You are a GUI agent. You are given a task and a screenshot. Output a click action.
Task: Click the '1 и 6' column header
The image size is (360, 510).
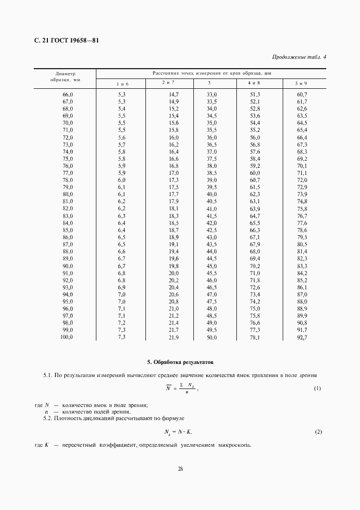122,83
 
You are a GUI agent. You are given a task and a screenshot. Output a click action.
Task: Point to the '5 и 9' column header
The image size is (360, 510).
301,83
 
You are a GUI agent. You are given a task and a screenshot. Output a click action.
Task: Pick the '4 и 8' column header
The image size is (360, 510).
254,83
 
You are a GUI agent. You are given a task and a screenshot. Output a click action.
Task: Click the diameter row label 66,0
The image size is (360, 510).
68,95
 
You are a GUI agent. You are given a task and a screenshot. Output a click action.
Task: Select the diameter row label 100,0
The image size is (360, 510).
67,338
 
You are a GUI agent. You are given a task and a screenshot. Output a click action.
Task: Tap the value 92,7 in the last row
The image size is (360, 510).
302,338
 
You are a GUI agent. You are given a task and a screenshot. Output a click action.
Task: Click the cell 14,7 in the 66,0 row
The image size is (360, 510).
174,95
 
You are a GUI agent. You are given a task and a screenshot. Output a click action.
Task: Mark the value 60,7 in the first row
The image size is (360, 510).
302,95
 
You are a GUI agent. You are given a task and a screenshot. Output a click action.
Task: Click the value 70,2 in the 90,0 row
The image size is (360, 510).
255,265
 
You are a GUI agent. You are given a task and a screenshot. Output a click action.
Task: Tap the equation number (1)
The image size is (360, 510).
318,388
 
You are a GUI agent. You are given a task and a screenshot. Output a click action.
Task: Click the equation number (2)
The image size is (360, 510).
318,432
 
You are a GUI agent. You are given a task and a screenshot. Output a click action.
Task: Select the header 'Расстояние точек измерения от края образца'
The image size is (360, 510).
211,72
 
